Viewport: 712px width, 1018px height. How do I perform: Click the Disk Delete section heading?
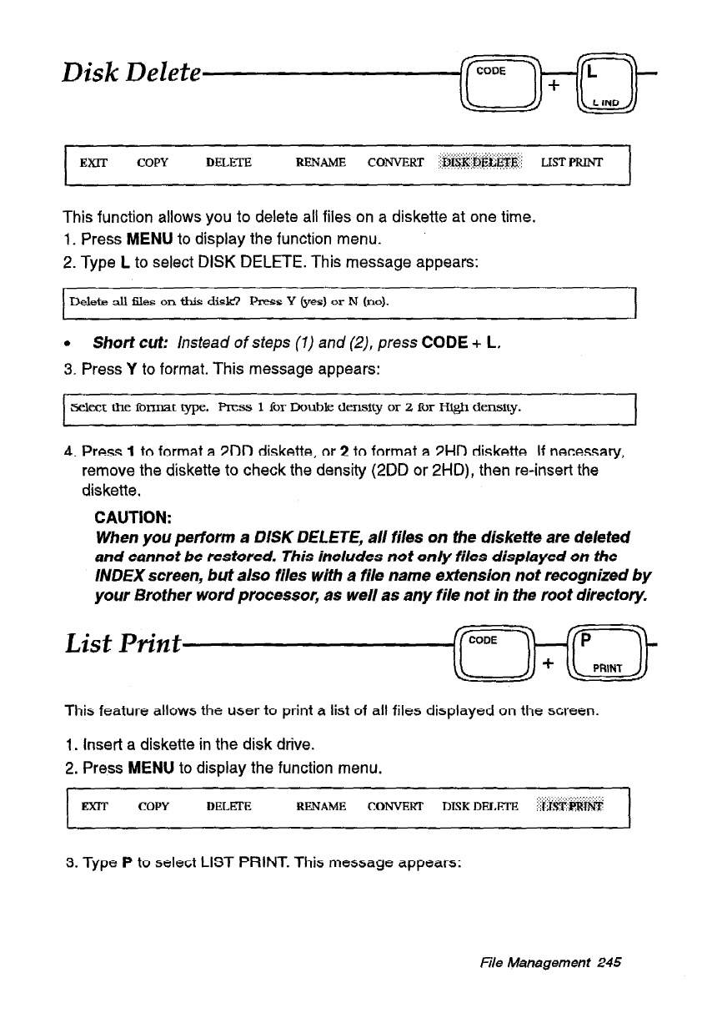pyautogui.click(x=129, y=75)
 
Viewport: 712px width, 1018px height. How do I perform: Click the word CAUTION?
pyautogui.click(x=132, y=517)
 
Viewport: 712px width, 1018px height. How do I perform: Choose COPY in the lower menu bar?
pyautogui.click(x=153, y=806)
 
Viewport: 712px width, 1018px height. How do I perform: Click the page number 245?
pyautogui.click(x=611, y=962)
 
